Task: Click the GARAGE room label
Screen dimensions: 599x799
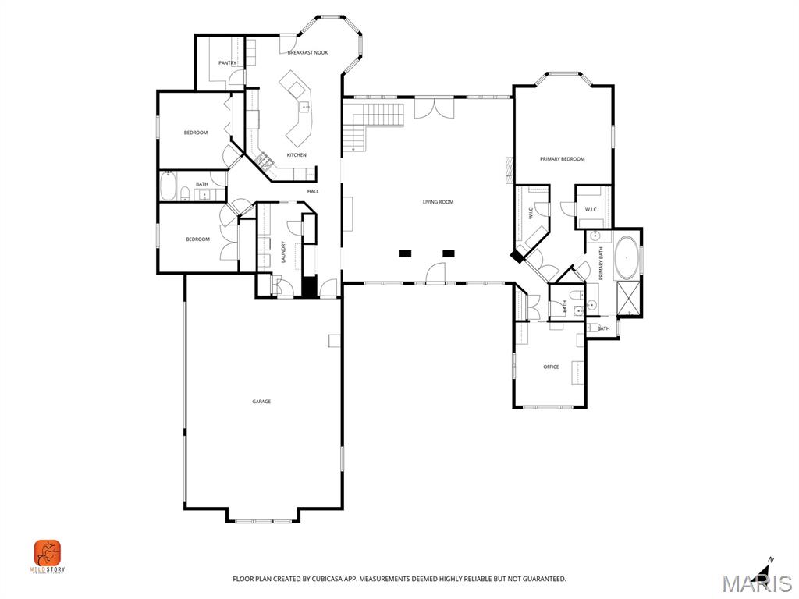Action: coord(261,402)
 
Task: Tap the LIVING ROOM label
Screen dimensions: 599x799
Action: coord(438,202)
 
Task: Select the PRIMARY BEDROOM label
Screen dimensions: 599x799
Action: coord(562,159)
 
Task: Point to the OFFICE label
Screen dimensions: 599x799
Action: coord(551,367)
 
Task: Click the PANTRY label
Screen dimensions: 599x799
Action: coord(227,63)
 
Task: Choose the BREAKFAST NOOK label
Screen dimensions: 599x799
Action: coord(307,52)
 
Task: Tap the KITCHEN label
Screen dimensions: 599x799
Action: coord(297,155)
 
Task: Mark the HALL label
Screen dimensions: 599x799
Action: coord(313,191)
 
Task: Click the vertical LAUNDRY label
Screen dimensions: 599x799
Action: coord(283,252)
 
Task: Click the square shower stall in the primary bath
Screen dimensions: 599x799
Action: coord(628,299)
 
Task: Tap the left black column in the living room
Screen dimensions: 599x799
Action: coord(405,253)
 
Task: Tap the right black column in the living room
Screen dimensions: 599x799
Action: coord(449,253)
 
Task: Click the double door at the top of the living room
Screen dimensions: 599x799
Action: coord(434,107)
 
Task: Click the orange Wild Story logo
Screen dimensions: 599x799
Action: coord(48,553)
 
